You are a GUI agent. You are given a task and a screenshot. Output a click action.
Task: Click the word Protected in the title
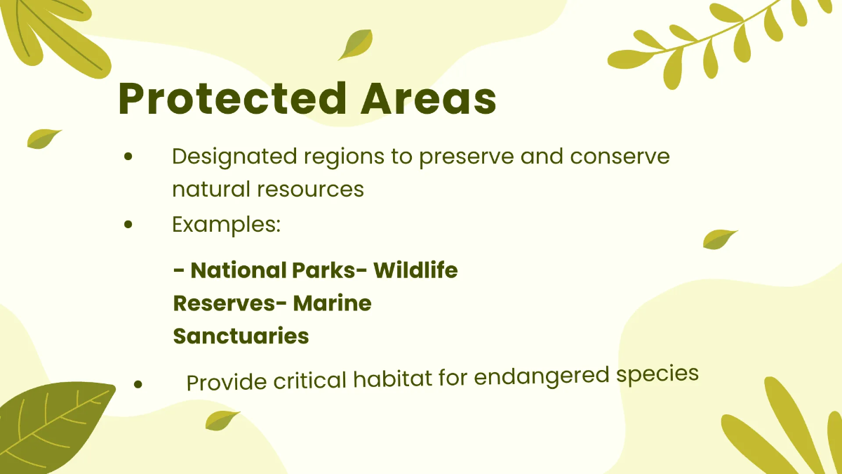click(x=232, y=98)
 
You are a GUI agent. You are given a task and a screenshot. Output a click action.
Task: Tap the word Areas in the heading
click(x=429, y=98)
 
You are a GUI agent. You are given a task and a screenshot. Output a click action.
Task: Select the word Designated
click(x=234, y=157)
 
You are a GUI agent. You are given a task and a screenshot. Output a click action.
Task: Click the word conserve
click(x=620, y=157)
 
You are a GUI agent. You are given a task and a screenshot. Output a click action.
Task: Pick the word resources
click(x=310, y=189)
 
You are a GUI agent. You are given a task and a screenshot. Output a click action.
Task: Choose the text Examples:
click(x=226, y=225)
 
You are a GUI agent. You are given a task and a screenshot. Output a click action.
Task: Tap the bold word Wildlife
click(x=415, y=270)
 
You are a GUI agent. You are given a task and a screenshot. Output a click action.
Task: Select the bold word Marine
click(x=333, y=303)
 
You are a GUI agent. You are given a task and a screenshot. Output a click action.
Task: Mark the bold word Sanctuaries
click(x=241, y=336)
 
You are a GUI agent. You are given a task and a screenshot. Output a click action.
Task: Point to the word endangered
click(x=541, y=376)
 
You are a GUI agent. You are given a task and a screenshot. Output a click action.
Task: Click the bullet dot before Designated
click(x=128, y=157)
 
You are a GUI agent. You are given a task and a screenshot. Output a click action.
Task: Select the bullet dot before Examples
click(x=128, y=225)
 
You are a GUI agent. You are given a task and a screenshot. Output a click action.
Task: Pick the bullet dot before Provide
click(x=138, y=384)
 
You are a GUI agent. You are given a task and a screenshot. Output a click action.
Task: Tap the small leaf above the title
click(x=356, y=44)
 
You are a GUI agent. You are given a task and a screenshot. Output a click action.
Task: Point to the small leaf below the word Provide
click(x=222, y=420)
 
